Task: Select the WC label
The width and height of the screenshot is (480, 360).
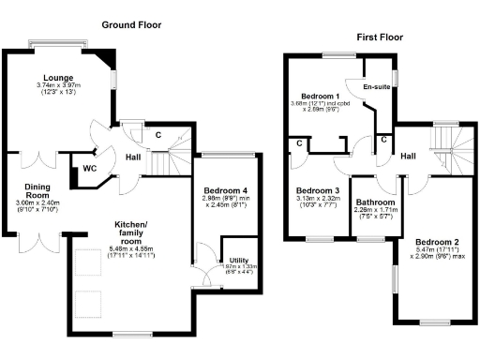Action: (90, 169)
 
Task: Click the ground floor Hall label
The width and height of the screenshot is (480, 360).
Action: (134, 157)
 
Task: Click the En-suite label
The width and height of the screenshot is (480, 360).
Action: (376, 86)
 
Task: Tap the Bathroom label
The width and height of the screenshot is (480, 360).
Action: (374, 202)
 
